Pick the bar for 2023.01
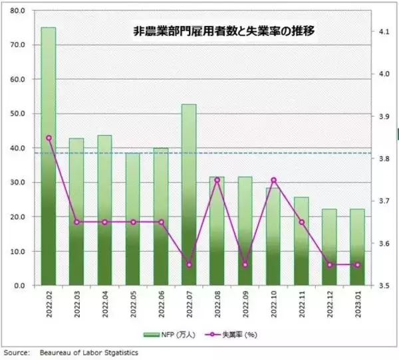(x=357, y=247)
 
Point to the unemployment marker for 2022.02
(x=49, y=138)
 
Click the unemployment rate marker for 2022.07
(x=189, y=265)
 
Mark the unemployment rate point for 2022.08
(x=217, y=180)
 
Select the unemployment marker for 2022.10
(x=273, y=180)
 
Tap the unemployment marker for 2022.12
(x=329, y=265)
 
